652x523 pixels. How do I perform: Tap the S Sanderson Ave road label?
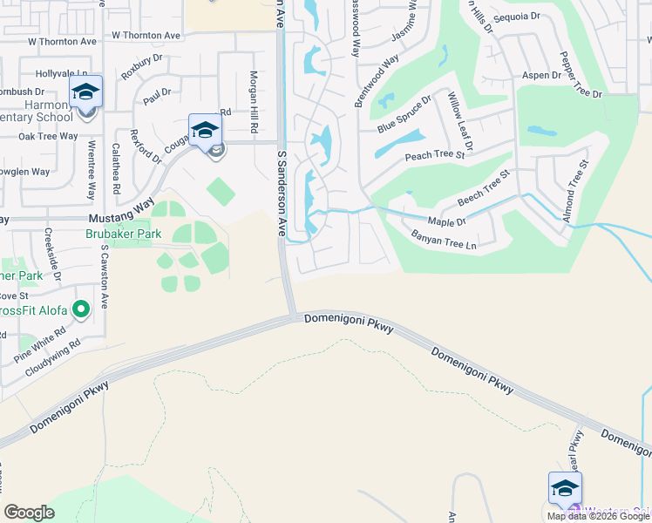[282, 194]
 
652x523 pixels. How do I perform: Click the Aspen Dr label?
[541, 76]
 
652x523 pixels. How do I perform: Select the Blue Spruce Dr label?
[404, 115]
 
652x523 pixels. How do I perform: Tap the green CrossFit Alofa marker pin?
[81, 309]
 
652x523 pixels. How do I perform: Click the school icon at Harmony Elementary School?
[86, 92]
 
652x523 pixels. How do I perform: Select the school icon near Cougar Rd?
[205, 131]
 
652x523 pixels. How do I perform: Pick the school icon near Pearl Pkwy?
[565, 488]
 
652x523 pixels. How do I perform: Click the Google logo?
[30, 513]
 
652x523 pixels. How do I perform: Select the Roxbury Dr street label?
[142, 67]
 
